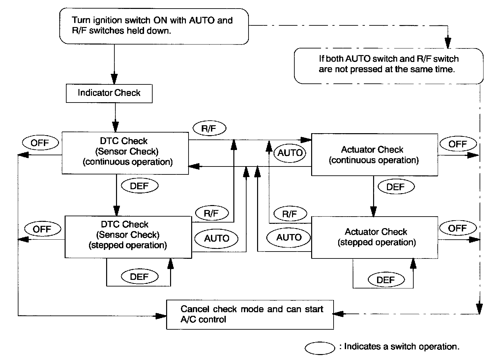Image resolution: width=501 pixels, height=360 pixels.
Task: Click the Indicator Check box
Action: [109, 93]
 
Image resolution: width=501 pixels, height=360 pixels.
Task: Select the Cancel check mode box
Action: [250, 315]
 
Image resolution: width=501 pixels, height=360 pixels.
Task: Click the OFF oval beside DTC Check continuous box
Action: [40, 143]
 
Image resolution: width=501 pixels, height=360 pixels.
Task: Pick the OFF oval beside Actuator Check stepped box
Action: [457, 228]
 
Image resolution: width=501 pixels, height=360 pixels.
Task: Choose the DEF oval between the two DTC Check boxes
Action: [140, 186]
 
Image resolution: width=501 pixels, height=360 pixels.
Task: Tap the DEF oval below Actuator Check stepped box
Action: [386, 280]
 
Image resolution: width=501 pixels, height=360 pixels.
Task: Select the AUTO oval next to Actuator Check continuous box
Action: [290, 153]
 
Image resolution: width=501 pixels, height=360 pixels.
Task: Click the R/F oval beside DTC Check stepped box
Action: [211, 213]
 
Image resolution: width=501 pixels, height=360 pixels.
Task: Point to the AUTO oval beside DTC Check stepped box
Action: [217, 238]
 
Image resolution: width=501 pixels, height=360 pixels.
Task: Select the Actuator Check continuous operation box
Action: [374, 155]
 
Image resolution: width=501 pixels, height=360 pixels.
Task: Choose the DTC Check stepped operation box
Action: [128, 237]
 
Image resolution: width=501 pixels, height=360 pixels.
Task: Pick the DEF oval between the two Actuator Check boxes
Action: [396, 187]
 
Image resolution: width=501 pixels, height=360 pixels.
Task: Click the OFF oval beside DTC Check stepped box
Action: [42, 229]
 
